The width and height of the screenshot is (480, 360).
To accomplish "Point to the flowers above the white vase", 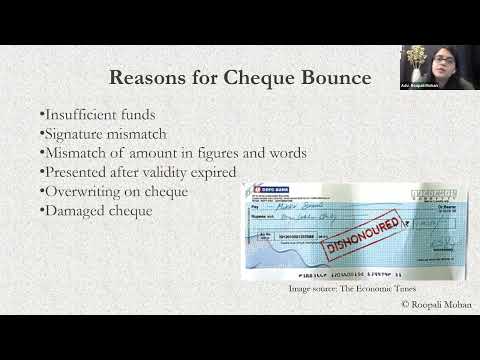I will [x=413, y=53].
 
